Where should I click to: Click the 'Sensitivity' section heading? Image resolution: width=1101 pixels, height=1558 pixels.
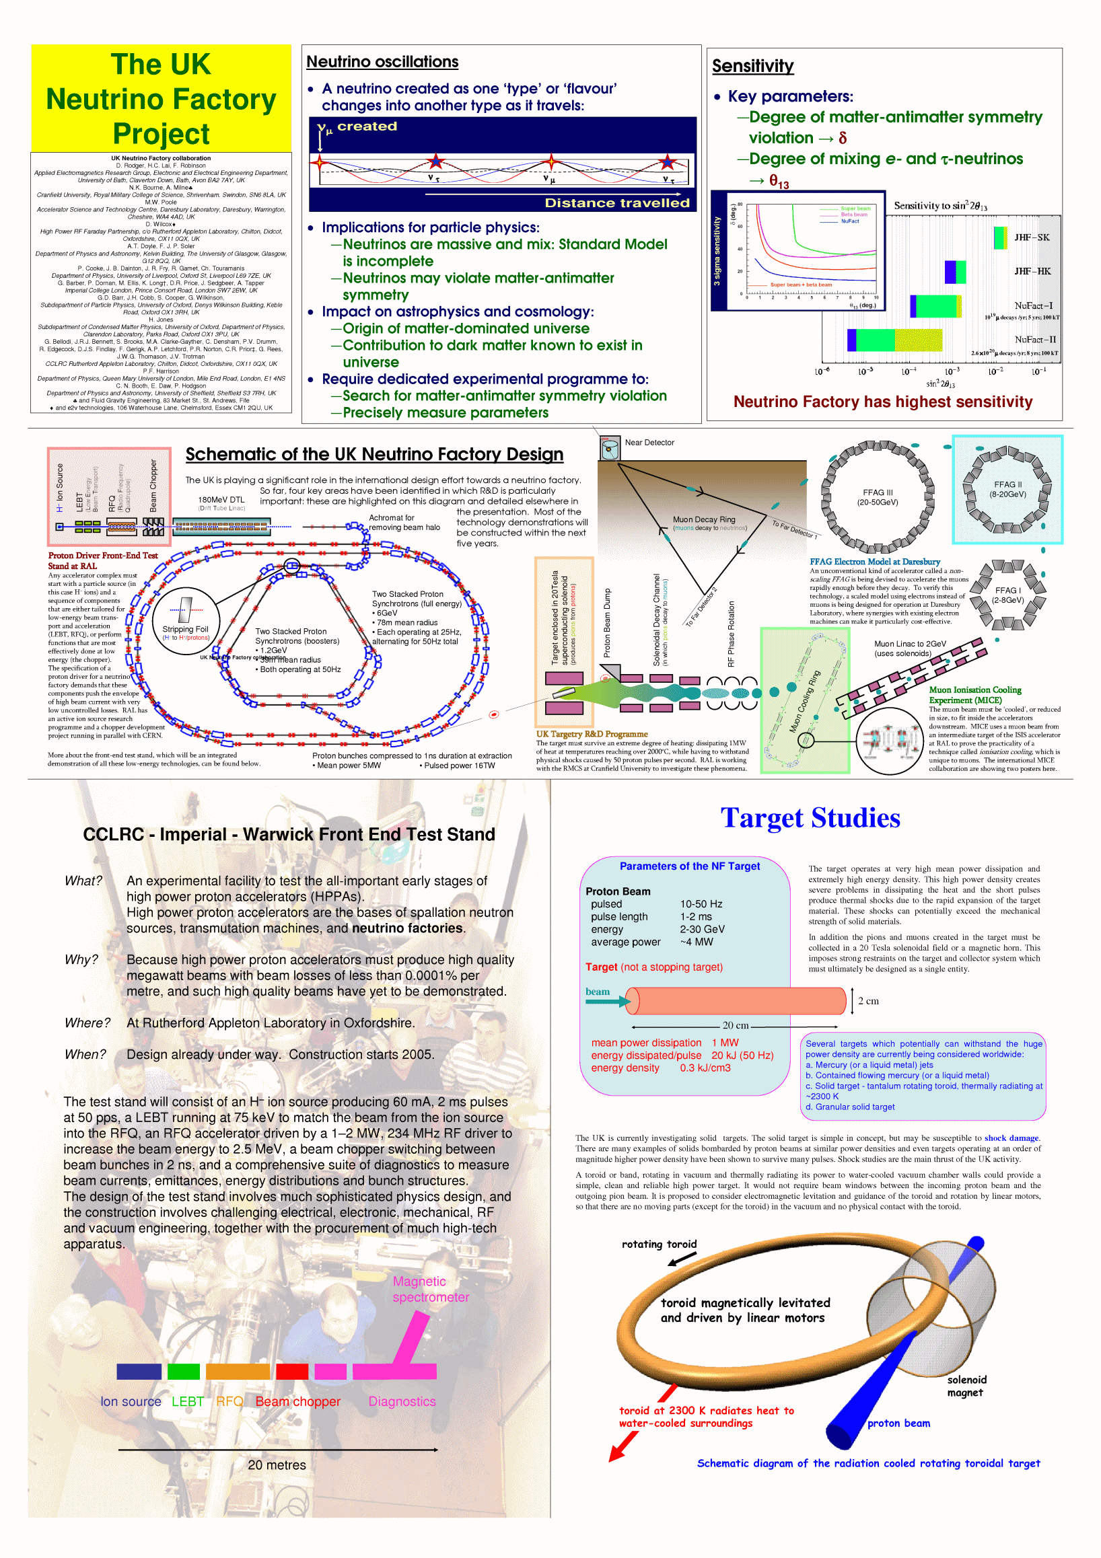[752, 67]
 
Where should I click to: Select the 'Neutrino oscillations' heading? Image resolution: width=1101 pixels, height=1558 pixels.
[382, 62]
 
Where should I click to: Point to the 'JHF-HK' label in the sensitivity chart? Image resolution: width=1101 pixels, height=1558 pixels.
[1032, 271]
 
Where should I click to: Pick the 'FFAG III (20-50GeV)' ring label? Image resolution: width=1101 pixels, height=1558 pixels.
[878, 497]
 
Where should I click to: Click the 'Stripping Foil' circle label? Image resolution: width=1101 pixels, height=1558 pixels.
[185, 630]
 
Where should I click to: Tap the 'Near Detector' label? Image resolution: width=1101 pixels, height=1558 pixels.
[649, 443]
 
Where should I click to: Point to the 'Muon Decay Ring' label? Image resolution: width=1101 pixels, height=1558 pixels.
[703, 520]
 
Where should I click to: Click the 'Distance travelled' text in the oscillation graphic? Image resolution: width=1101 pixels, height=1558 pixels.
[616, 203]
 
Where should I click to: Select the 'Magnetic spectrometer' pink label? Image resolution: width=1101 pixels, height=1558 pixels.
[430, 1290]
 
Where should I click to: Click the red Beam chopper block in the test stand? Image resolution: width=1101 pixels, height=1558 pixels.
[292, 1372]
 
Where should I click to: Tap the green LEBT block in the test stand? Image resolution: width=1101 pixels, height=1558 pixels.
[183, 1372]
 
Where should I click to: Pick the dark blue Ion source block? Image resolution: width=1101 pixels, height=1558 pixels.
[139, 1372]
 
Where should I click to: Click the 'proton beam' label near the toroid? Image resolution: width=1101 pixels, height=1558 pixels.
[898, 1423]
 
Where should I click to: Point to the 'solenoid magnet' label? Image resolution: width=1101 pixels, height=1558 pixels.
[966, 1386]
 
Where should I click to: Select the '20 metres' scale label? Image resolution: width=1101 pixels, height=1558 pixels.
[277, 1465]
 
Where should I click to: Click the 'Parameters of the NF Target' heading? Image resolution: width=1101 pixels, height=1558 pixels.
[689, 866]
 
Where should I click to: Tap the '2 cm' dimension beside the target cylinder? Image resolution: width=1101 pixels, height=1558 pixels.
[868, 1001]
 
